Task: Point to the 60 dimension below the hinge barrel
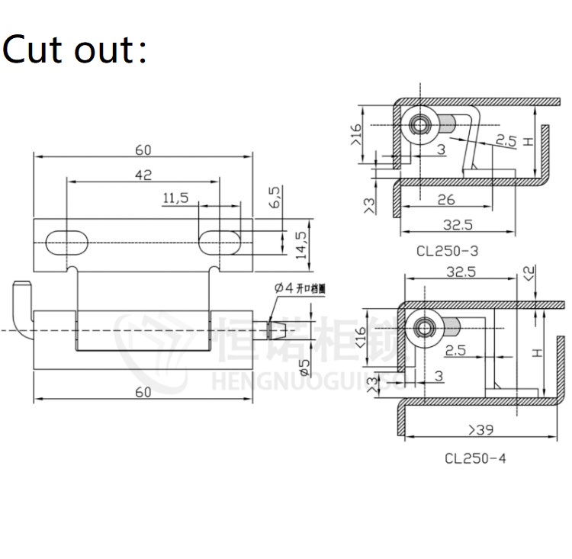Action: click(143, 391)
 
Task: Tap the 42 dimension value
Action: click(143, 174)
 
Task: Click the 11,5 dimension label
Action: click(175, 198)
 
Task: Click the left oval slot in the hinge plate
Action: click(67, 241)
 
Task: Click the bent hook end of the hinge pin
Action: click(21, 294)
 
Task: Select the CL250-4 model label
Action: click(474, 458)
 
